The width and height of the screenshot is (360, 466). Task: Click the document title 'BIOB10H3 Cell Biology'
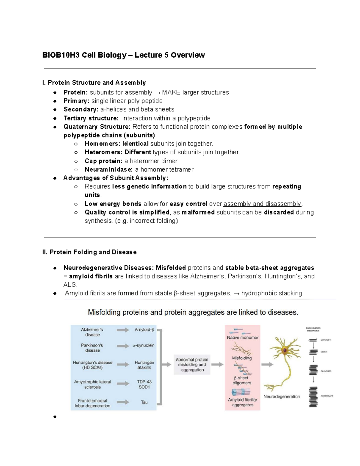85,55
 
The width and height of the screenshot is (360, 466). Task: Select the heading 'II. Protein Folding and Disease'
89,252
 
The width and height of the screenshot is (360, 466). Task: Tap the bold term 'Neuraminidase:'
109,170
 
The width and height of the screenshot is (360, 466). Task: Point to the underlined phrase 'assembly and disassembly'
262,204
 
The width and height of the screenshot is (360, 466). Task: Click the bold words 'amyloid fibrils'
91,276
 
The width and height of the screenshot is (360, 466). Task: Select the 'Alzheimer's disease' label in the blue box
92,332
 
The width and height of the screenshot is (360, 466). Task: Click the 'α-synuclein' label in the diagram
144,345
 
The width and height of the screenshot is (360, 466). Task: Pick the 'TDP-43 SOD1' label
144,384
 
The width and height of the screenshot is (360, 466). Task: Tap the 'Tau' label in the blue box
144,402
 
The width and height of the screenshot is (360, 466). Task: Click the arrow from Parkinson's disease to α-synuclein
123,346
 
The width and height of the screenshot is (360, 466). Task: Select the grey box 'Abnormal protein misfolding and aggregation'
192,365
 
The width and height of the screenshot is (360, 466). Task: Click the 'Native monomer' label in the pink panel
242,338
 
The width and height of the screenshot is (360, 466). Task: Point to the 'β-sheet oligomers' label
242,380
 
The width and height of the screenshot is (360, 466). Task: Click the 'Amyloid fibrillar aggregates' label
242,402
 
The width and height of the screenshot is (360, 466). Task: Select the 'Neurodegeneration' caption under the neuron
281,396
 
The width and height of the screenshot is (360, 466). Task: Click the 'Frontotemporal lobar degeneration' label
92,403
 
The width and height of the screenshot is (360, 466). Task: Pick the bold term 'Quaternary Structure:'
97,127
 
